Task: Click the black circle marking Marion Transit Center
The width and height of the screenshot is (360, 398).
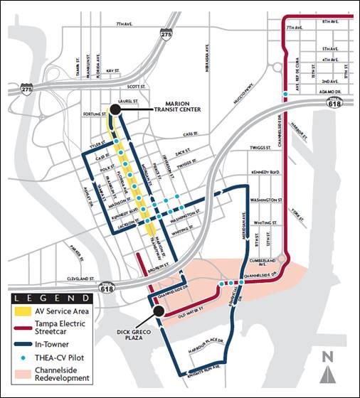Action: coord(115,109)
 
